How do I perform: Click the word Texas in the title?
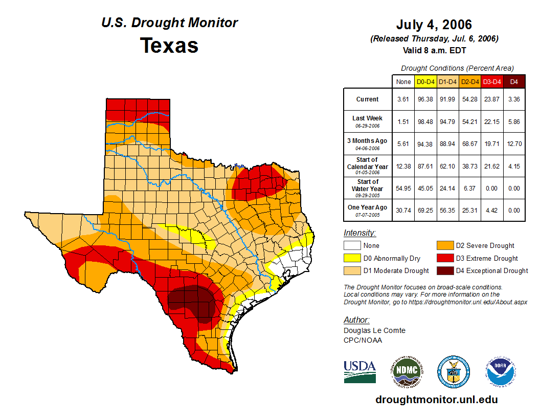click(169, 46)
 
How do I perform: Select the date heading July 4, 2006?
click(434, 25)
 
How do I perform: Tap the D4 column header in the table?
click(514, 81)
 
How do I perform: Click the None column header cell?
click(403, 81)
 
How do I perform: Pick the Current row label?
click(368, 99)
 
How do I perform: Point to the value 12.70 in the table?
click(514, 144)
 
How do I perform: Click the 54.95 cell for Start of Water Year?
click(403, 189)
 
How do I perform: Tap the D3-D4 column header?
click(492, 81)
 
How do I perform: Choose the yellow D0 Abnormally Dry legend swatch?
click(352, 258)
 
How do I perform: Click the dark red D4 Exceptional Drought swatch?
click(444, 270)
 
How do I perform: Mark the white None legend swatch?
click(352, 246)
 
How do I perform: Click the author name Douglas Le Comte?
click(374, 330)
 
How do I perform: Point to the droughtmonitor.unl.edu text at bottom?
click(436, 400)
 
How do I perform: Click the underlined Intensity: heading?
click(359, 233)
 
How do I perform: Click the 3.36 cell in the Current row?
click(514, 99)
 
